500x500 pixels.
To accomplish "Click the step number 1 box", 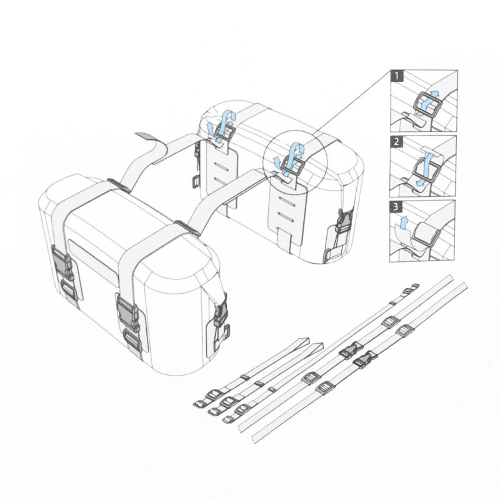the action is [397, 76].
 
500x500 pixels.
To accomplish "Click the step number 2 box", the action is [396, 142].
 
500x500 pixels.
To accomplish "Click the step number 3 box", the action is [396, 207].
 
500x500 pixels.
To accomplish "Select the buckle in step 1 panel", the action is [424, 104].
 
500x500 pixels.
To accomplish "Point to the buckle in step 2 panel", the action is [427, 169].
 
